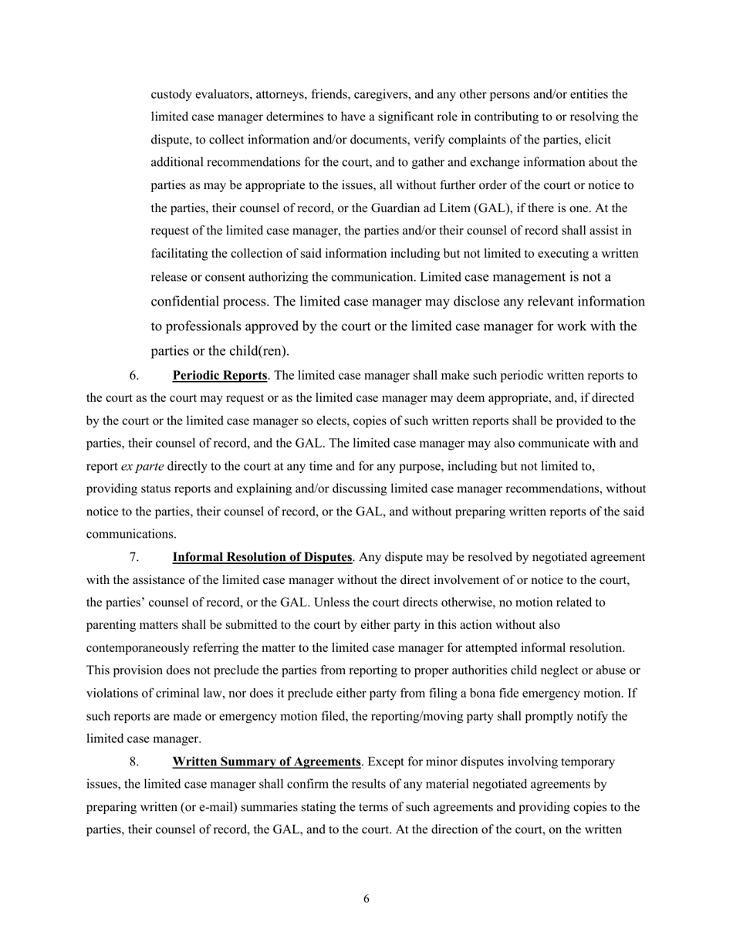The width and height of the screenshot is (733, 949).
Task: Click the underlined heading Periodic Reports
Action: (x=219, y=376)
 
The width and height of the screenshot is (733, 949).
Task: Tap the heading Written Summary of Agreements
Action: (x=266, y=762)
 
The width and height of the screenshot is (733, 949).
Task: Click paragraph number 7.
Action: (x=134, y=557)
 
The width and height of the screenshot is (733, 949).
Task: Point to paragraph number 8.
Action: (x=134, y=762)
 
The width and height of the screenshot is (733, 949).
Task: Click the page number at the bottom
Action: (x=366, y=899)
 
